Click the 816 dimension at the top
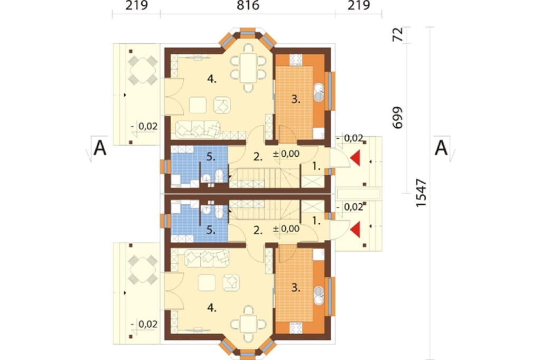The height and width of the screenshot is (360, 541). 248,5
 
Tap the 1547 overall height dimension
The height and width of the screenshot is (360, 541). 421,193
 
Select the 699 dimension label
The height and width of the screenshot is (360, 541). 398,118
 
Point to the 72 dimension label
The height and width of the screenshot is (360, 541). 398,34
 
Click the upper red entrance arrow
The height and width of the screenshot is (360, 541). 355,158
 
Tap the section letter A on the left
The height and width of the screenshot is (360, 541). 100,148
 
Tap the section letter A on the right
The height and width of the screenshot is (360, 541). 441,148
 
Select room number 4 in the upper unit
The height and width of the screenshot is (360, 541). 211,79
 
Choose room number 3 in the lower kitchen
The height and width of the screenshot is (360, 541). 295,287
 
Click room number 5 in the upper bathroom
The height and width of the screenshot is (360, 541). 211,157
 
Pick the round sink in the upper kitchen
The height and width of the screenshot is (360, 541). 319,91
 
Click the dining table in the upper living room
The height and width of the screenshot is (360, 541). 248,67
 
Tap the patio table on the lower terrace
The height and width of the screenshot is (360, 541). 143,270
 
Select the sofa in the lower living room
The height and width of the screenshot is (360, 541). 207,258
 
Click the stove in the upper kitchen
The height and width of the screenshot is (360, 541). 296,60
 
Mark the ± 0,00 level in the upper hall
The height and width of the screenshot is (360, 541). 286,154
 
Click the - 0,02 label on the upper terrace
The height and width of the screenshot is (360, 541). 144,127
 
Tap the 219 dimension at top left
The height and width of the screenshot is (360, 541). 136,5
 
